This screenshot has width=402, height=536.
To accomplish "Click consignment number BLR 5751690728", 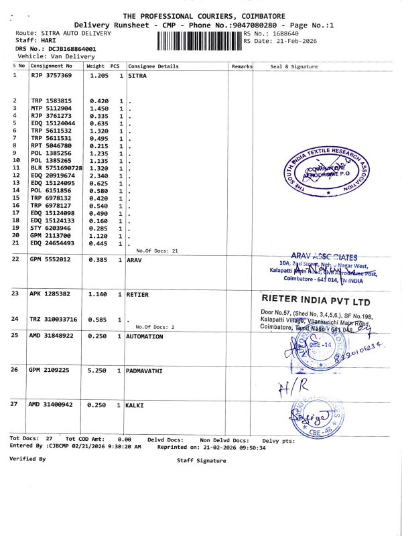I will click(57, 167).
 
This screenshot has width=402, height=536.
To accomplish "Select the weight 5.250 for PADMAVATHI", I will click(98, 371).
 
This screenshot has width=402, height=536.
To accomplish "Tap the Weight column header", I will click(96, 66).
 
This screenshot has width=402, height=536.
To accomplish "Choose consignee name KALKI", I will click(136, 405).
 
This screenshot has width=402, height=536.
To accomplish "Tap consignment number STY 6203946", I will click(52, 228).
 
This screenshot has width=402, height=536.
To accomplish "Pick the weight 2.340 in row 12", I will click(98, 175).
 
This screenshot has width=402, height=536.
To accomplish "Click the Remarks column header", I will click(241, 66).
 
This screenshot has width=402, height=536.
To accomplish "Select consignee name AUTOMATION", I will click(145, 336).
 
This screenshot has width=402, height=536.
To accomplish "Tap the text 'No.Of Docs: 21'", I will click(157, 250).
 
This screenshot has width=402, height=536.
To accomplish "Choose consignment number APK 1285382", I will click(51, 294).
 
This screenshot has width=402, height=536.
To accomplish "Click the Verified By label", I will click(27, 459).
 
